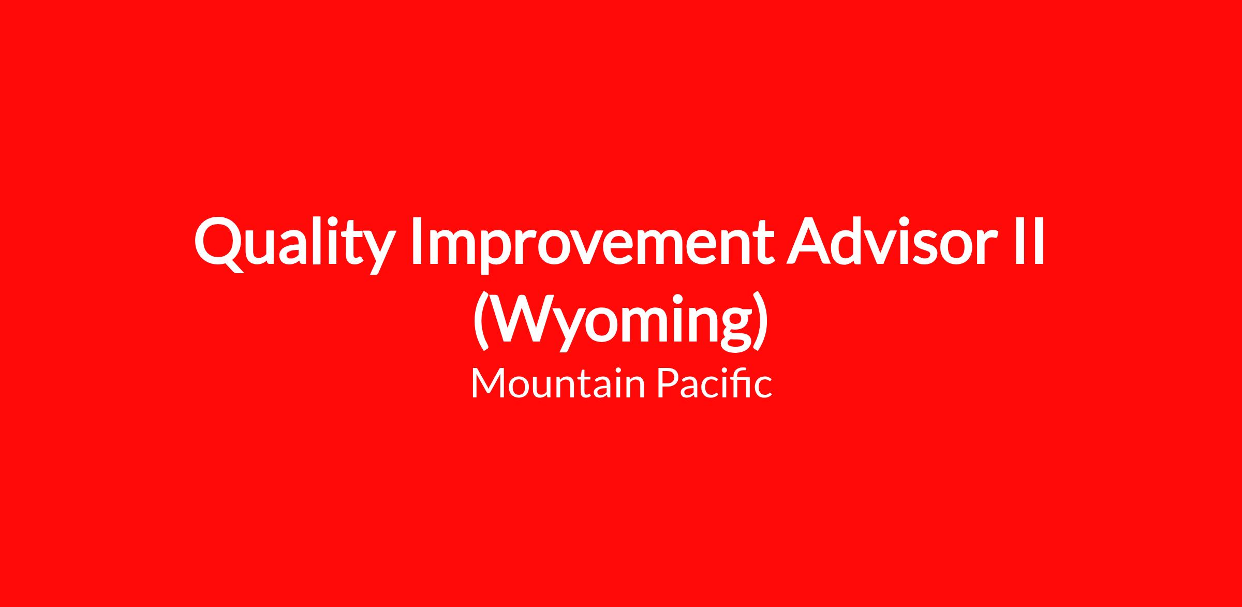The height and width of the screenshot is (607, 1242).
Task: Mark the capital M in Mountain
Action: pyautogui.click(x=489, y=383)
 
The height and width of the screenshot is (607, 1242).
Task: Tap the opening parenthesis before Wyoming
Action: pyautogui.click(x=480, y=321)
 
